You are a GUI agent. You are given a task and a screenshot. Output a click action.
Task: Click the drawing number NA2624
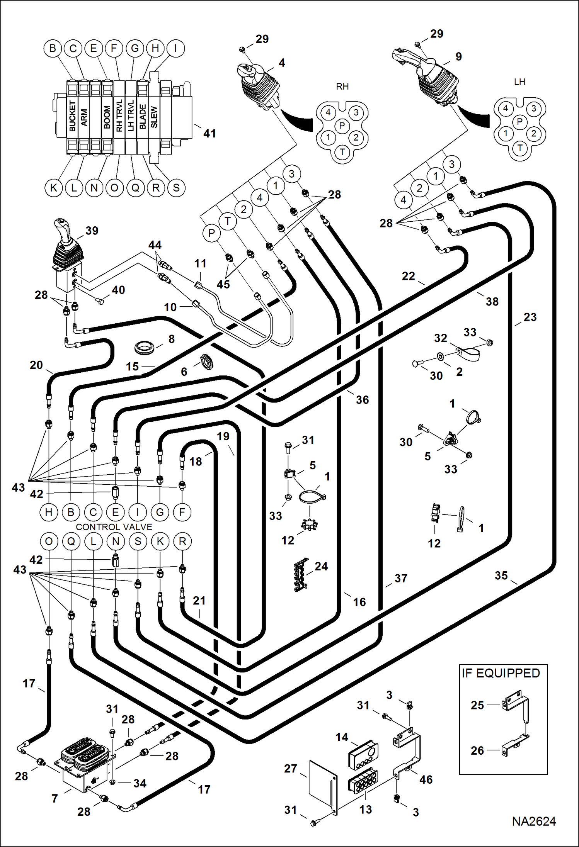(533, 821)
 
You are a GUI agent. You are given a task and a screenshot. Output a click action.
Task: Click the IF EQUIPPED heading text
(501, 673)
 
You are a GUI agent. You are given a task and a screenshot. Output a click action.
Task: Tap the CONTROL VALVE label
(114, 527)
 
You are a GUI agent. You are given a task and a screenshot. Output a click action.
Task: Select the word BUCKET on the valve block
(72, 116)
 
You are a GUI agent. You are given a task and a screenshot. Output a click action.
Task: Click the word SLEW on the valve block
(154, 117)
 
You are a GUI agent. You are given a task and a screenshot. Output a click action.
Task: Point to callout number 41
(209, 133)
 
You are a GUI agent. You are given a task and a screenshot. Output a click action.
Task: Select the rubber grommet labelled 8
(145, 346)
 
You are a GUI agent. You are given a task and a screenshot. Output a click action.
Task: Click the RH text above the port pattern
(342, 87)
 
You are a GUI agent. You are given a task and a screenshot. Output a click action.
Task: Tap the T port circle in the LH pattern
(520, 148)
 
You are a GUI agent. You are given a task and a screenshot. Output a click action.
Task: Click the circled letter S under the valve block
(176, 188)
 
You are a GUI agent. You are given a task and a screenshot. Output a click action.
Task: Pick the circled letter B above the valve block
(53, 48)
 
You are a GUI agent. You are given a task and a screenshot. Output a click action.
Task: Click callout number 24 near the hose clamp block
(321, 566)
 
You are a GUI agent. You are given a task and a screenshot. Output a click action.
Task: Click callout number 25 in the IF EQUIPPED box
(477, 705)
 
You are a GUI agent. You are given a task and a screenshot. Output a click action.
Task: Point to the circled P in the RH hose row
(211, 233)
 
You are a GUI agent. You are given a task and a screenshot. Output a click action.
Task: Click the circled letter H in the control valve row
(49, 512)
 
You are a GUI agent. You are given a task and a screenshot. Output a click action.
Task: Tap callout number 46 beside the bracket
(426, 779)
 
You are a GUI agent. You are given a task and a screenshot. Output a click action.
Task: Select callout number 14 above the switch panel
(342, 737)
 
